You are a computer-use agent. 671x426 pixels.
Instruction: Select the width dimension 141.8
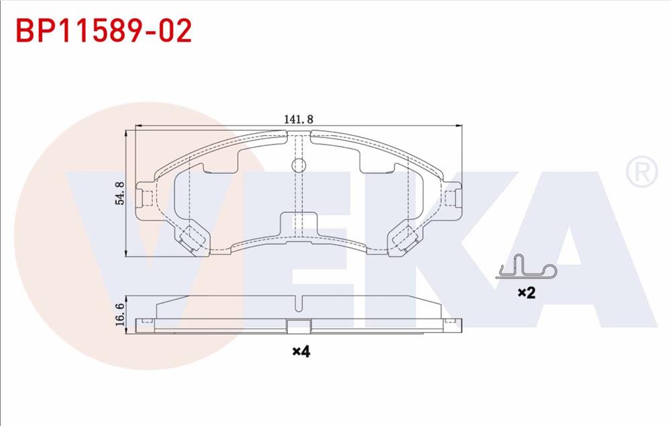299,119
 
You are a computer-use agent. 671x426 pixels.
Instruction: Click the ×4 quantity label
301,351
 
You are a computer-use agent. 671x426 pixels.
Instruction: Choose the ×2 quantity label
526,292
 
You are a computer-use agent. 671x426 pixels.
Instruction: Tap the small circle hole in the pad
299,165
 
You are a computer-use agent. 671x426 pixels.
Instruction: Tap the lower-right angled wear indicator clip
404,239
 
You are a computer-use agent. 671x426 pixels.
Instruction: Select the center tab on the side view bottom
299,327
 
